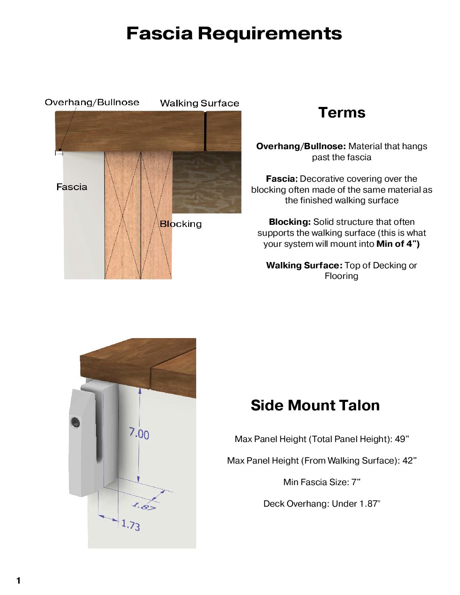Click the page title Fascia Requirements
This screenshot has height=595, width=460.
(x=234, y=33)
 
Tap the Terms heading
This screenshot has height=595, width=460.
(x=342, y=112)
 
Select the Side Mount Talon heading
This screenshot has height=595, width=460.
(x=315, y=405)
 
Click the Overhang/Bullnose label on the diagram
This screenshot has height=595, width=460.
(x=92, y=102)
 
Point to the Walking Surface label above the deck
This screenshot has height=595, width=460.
(x=200, y=103)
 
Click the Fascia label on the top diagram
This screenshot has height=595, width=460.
(x=72, y=187)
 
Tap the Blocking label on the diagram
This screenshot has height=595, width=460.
(x=181, y=224)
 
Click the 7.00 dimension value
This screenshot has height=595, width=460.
(x=139, y=434)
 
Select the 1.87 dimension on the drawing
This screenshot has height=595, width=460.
(x=144, y=506)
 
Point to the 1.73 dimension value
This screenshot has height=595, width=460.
(x=131, y=525)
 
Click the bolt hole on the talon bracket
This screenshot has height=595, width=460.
(x=75, y=422)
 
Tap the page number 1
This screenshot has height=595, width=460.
(x=18, y=581)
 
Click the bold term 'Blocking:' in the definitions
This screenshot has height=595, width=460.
(x=290, y=222)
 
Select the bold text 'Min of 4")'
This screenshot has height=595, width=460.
(x=398, y=244)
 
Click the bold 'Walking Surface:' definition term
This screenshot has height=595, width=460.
(x=304, y=265)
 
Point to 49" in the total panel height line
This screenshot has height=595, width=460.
(x=402, y=439)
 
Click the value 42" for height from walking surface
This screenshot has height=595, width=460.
(x=409, y=461)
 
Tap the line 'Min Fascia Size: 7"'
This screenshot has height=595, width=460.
(x=322, y=482)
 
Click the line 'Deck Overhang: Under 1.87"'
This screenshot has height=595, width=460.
(x=322, y=504)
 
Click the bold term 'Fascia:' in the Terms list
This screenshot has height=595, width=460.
(x=282, y=179)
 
